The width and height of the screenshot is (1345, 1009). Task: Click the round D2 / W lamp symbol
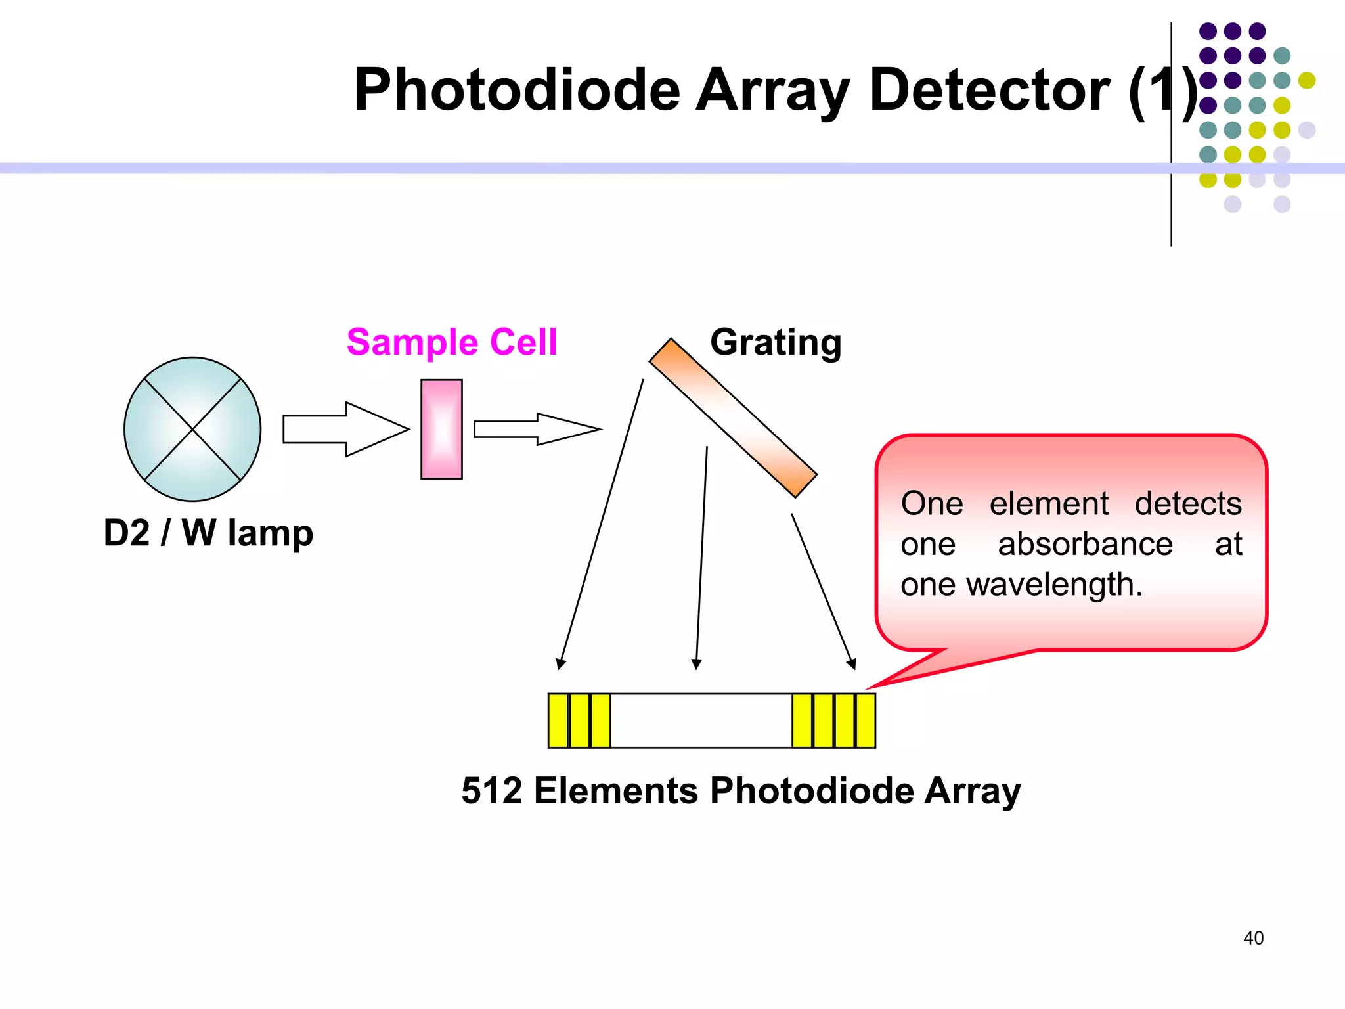pyautogui.click(x=192, y=429)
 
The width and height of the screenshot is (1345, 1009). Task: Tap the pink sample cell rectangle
pyautogui.click(x=441, y=429)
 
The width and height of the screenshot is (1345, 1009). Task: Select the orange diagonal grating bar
pyautogui.click(x=732, y=418)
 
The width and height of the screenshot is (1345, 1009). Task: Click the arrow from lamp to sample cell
pyautogui.click(x=345, y=429)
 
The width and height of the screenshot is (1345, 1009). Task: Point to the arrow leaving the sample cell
pyautogui.click(x=537, y=429)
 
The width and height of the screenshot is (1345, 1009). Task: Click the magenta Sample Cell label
pyautogui.click(x=452, y=342)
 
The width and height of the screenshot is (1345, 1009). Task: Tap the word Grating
pyautogui.click(x=776, y=342)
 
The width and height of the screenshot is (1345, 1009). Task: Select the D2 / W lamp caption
pyautogui.click(x=208, y=533)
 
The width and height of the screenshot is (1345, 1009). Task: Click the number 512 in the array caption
pyautogui.click(x=492, y=790)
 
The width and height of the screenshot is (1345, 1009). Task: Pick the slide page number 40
pyautogui.click(x=1253, y=938)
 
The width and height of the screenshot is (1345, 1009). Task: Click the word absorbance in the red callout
pyautogui.click(x=1085, y=544)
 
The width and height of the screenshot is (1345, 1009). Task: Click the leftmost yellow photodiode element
pyautogui.click(x=558, y=721)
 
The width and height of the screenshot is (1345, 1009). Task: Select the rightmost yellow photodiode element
pyautogui.click(x=866, y=721)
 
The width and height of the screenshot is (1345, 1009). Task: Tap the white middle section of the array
pyautogui.click(x=701, y=721)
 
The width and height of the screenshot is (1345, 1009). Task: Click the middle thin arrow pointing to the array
pyautogui.click(x=701, y=558)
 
